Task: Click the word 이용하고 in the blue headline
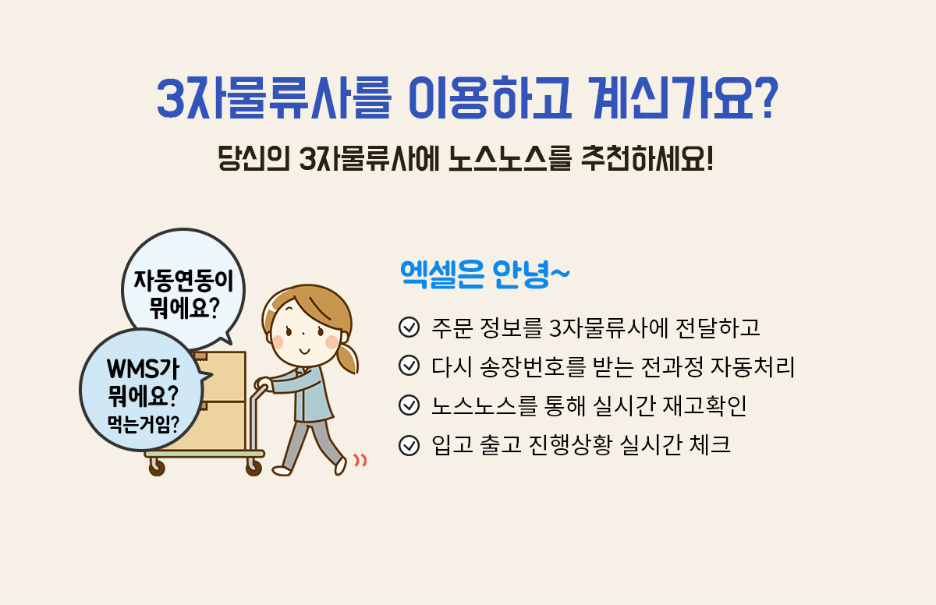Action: click(x=490, y=97)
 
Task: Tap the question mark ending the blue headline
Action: click(x=766, y=97)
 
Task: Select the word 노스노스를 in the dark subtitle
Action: click(x=509, y=159)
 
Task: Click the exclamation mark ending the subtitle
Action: click(x=709, y=158)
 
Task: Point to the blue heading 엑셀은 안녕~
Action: click(x=484, y=274)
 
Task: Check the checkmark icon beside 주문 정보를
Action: click(x=409, y=327)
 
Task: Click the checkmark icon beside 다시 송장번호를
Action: click(x=409, y=366)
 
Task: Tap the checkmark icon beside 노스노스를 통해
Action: click(x=409, y=405)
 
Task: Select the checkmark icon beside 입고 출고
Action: click(x=409, y=444)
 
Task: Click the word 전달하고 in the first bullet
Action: click(x=718, y=327)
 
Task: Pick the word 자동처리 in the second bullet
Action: click(x=753, y=366)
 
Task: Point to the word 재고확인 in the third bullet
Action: click(x=704, y=405)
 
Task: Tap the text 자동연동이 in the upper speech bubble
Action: click(x=183, y=281)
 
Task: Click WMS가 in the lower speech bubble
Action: click(x=144, y=369)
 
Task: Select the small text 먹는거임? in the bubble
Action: click(x=143, y=425)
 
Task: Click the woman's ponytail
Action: click(x=348, y=359)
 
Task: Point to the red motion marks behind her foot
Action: click(x=360, y=460)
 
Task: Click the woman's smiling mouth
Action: click(x=305, y=351)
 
